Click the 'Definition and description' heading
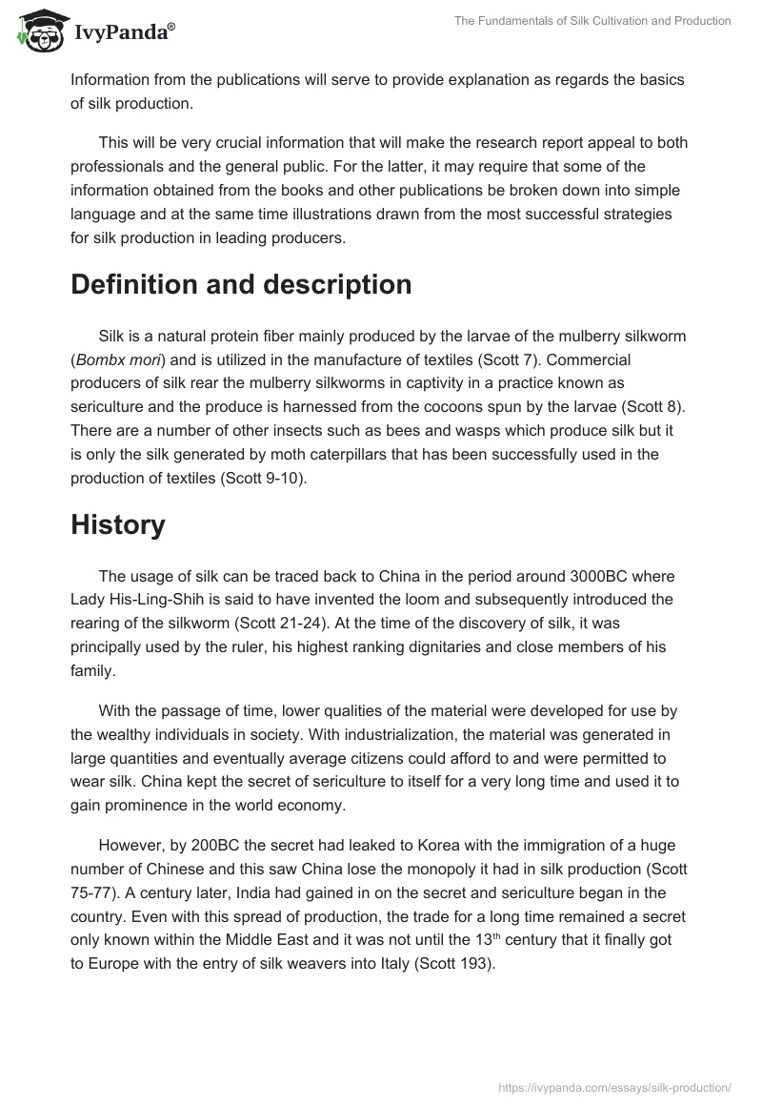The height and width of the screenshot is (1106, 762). point(241,284)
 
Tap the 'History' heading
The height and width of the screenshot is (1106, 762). point(118,524)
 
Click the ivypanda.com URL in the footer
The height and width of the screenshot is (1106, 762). point(615,1087)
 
